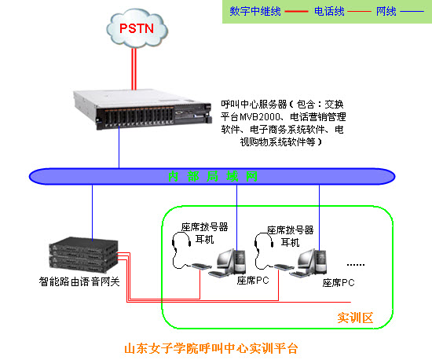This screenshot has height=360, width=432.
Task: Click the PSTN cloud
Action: coord(136,29)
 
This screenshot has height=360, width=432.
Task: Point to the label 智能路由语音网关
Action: coord(79,281)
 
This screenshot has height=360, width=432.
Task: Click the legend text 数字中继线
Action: coord(255,12)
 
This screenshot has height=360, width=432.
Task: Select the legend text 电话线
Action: coord(329,12)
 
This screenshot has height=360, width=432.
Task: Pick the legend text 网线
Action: coord(386,12)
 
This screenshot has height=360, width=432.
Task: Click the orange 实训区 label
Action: coord(355,318)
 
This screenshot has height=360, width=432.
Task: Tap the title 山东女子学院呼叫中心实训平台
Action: coord(212,347)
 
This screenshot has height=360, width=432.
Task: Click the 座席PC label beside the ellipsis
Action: coord(339,282)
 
